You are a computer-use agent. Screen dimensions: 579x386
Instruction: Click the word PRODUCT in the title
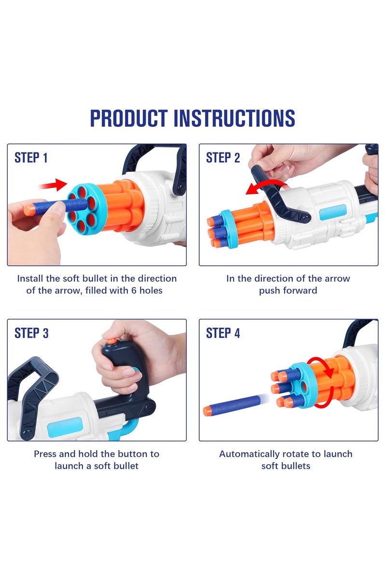pyautogui.click(x=129, y=118)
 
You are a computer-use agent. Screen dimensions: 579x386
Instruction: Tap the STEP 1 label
pyautogui.click(x=31, y=158)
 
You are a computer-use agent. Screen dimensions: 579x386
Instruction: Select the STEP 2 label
pyautogui.click(x=222, y=158)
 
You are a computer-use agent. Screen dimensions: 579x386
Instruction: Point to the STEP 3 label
pyautogui.click(x=31, y=333)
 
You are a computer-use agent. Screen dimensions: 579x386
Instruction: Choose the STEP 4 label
pyautogui.click(x=222, y=333)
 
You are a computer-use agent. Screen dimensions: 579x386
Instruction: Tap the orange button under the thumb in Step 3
pyautogui.click(x=111, y=341)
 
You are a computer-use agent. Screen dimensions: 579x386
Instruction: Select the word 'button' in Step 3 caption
pyautogui.click(x=135, y=454)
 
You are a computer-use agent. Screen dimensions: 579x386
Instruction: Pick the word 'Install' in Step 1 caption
pyautogui.click(x=30, y=279)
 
